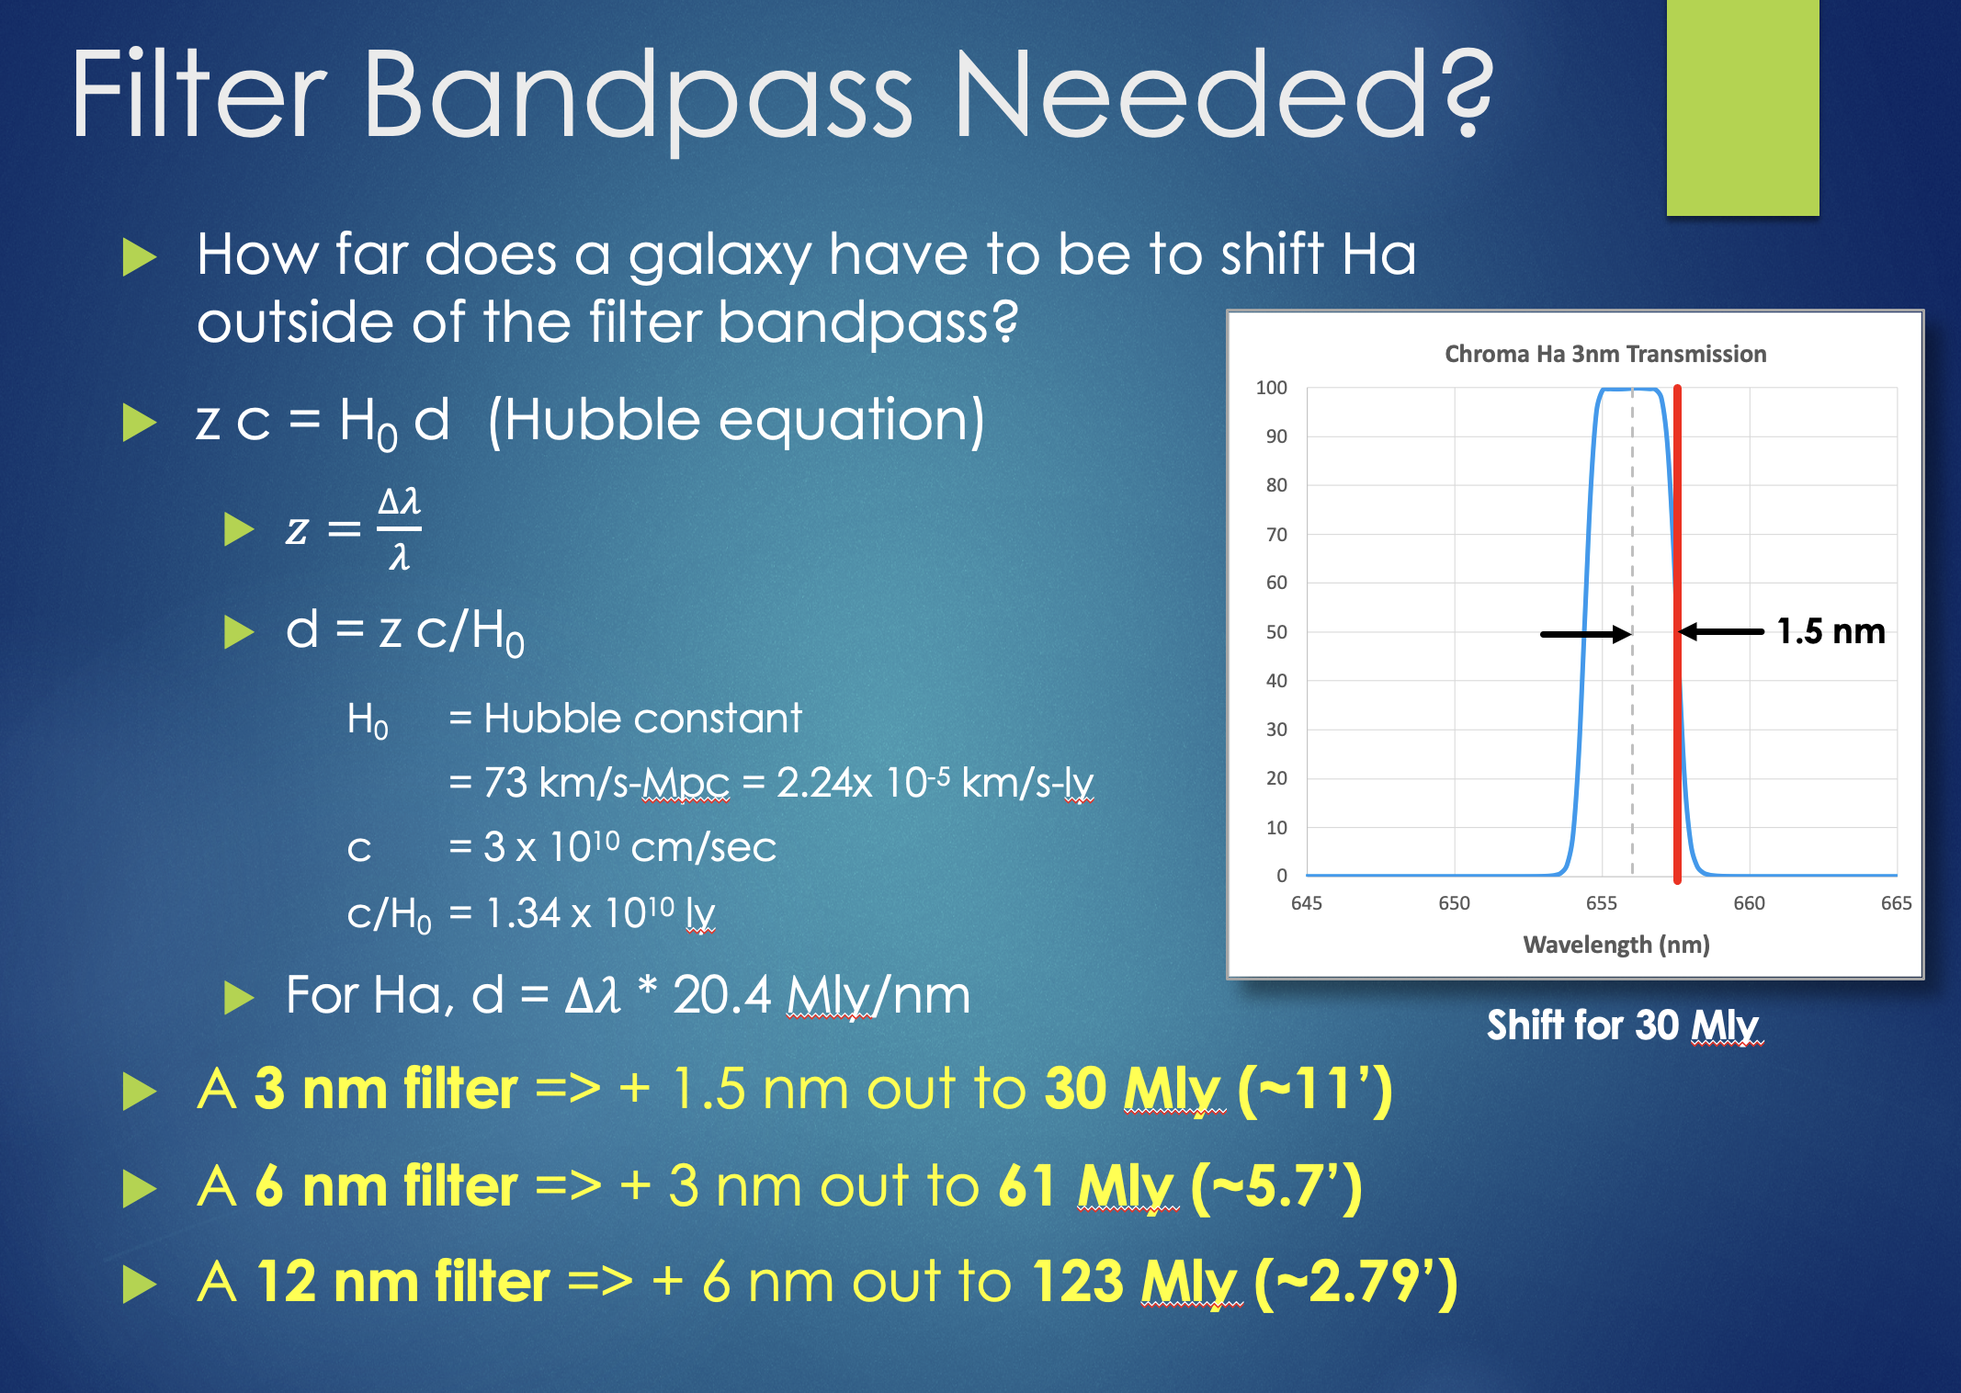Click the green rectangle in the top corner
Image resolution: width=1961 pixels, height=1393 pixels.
1742,108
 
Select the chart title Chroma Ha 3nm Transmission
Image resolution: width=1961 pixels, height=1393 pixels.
1605,354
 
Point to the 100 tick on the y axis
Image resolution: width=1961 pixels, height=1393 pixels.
1272,388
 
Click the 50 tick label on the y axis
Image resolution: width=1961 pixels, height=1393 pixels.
1276,632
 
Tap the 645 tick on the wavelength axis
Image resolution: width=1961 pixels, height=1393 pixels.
1307,903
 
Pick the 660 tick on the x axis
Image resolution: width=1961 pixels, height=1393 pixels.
1749,903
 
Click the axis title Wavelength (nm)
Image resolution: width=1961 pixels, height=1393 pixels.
1616,945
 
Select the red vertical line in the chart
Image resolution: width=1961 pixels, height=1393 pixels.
1677,634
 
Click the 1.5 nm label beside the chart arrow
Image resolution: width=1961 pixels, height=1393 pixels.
1831,631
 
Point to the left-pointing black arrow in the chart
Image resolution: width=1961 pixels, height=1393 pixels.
1721,631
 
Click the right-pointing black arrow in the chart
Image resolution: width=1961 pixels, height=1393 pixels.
1586,633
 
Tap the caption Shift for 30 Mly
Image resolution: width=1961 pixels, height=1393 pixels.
1625,1025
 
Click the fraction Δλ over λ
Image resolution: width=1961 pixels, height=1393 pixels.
400,528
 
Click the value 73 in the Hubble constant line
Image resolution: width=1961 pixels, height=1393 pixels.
505,783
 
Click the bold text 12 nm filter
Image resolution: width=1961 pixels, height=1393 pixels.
402,1282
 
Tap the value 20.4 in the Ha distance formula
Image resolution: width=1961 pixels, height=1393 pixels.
722,995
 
